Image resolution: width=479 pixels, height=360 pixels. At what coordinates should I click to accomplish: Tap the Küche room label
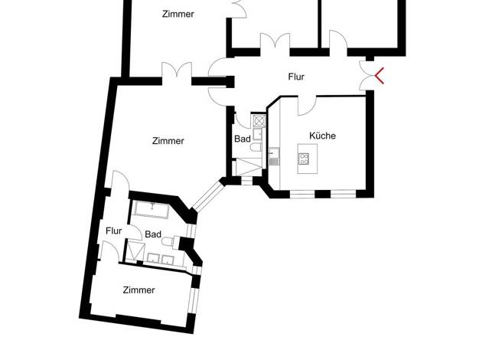click(322, 136)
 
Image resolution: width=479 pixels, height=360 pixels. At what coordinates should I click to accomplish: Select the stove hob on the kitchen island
click(304, 159)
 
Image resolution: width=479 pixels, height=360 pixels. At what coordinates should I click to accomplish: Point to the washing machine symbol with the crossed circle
click(259, 120)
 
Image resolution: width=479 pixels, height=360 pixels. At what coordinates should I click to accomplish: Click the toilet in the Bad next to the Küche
click(256, 147)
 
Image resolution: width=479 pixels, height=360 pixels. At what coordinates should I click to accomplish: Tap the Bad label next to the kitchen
click(243, 139)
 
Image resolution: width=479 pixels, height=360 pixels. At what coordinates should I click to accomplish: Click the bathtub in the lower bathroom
click(152, 210)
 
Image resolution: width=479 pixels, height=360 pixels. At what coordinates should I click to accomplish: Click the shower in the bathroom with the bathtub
click(135, 250)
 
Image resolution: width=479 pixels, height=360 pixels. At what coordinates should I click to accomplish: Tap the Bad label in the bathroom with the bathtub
click(153, 234)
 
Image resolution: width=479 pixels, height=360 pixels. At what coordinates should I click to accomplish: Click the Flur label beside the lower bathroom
click(114, 231)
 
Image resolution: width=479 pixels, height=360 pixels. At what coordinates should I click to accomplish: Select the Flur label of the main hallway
click(296, 77)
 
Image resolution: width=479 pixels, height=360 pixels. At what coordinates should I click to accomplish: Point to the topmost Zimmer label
click(178, 14)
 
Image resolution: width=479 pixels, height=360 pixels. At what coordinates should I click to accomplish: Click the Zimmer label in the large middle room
click(168, 141)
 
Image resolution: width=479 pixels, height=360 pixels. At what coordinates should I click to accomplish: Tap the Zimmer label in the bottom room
click(138, 290)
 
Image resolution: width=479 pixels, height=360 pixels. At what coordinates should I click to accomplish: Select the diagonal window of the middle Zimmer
click(208, 196)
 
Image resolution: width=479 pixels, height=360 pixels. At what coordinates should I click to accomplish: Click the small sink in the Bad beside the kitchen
click(257, 134)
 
